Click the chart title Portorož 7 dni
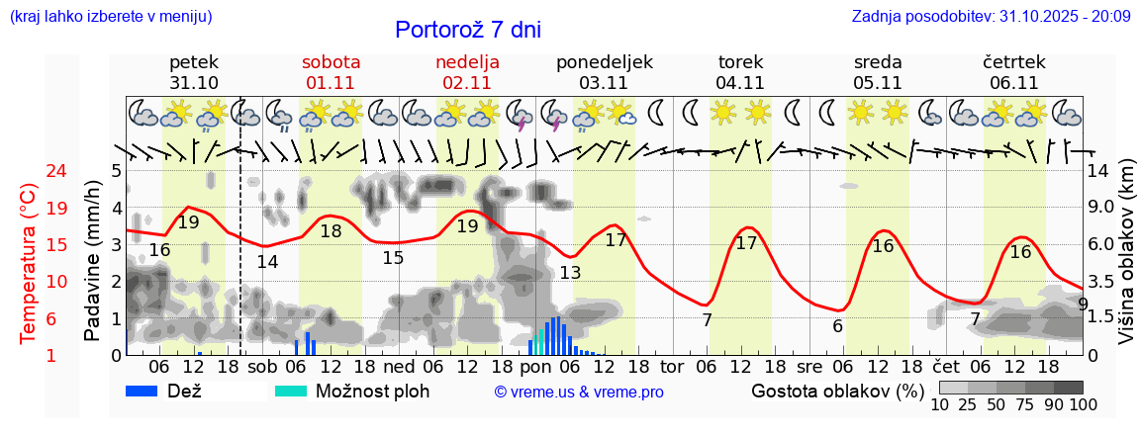pyautogui.click(x=467, y=30)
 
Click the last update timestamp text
pyautogui.click(x=991, y=17)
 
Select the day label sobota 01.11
pyautogui.click(x=331, y=72)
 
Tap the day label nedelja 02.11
pyautogui.click(x=467, y=72)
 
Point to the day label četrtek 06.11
pyautogui.click(x=1013, y=72)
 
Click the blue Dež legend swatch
pyautogui.click(x=143, y=391)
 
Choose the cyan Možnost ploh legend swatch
pyautogui.click(x=290, y=391)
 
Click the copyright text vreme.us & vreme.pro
pyautogui.click(x=578, y=393)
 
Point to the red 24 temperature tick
pyautogui.click(x=29, y=171)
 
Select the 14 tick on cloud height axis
pyautogui.click(x=1098, y=171)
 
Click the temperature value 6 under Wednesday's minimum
pyautogui.click(x=837, y=326)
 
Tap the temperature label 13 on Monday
pyautogui.click(x=570, y=273)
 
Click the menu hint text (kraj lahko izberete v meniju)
pyautogui.click(x=110, y=17)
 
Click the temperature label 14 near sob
pyautogui.click(x=267, y=262)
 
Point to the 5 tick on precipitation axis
pyautogui.click(x=116, y=171)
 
